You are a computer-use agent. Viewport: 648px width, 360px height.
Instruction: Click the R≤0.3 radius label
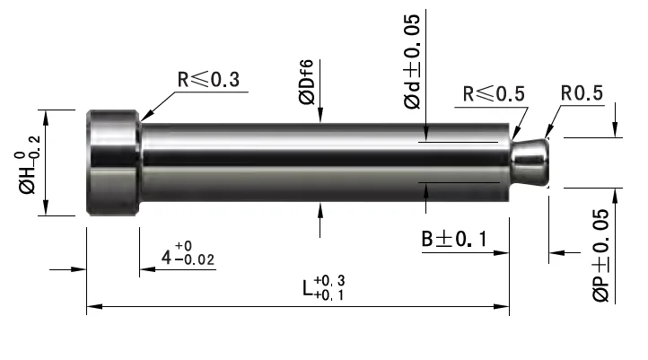208,79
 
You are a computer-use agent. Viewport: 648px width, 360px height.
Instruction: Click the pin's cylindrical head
113,162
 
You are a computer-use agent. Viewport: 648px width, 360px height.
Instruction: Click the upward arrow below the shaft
320,208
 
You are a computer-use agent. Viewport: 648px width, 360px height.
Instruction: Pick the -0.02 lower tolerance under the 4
196,261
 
